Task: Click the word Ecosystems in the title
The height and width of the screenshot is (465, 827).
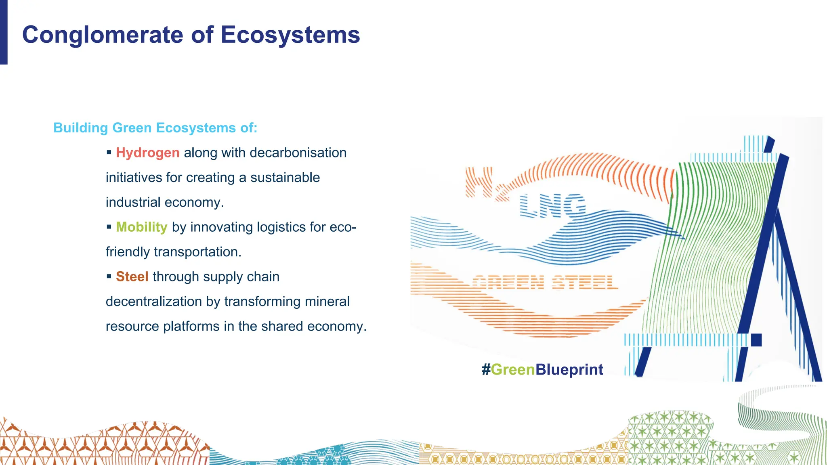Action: coord(290,35)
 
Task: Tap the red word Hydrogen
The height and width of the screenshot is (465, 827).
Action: coord(147,153)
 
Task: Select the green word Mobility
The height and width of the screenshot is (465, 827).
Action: coord(141,227)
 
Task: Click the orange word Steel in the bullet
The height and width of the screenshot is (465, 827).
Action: coord(132,277)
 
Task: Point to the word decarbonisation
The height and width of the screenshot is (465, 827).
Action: coord(298,153)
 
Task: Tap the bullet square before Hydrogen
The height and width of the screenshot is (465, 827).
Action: coord(109,153)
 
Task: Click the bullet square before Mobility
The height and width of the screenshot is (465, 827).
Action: coord(109,227)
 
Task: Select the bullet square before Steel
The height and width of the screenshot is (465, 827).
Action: coord(109,276)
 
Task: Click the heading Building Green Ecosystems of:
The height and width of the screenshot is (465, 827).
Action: coord(155,128)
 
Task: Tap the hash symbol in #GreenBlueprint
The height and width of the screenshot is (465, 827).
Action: coord(486,370)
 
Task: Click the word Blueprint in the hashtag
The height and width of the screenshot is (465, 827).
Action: coord(569,370)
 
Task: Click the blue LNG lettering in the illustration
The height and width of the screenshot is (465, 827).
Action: coord(552,205)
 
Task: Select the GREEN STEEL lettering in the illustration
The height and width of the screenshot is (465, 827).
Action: coord(545,282)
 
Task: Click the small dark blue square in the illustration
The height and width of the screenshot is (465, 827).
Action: coord(756,340)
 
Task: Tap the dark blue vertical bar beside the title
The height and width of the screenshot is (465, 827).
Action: coord(4,32)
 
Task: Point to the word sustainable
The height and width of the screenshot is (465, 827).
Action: coord(285,178)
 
